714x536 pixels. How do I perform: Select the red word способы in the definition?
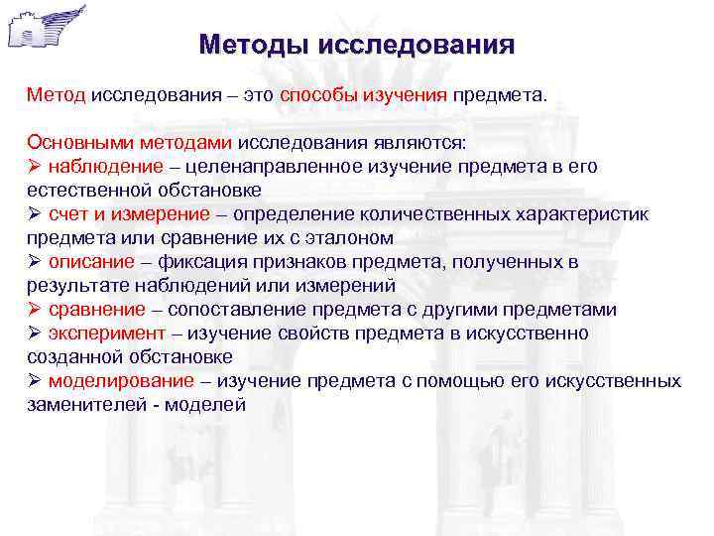click(313, 95)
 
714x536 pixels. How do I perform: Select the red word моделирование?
click(108, 381)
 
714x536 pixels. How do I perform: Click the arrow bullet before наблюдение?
click(34, 166)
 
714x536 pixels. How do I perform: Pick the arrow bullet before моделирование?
click(34, 381)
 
